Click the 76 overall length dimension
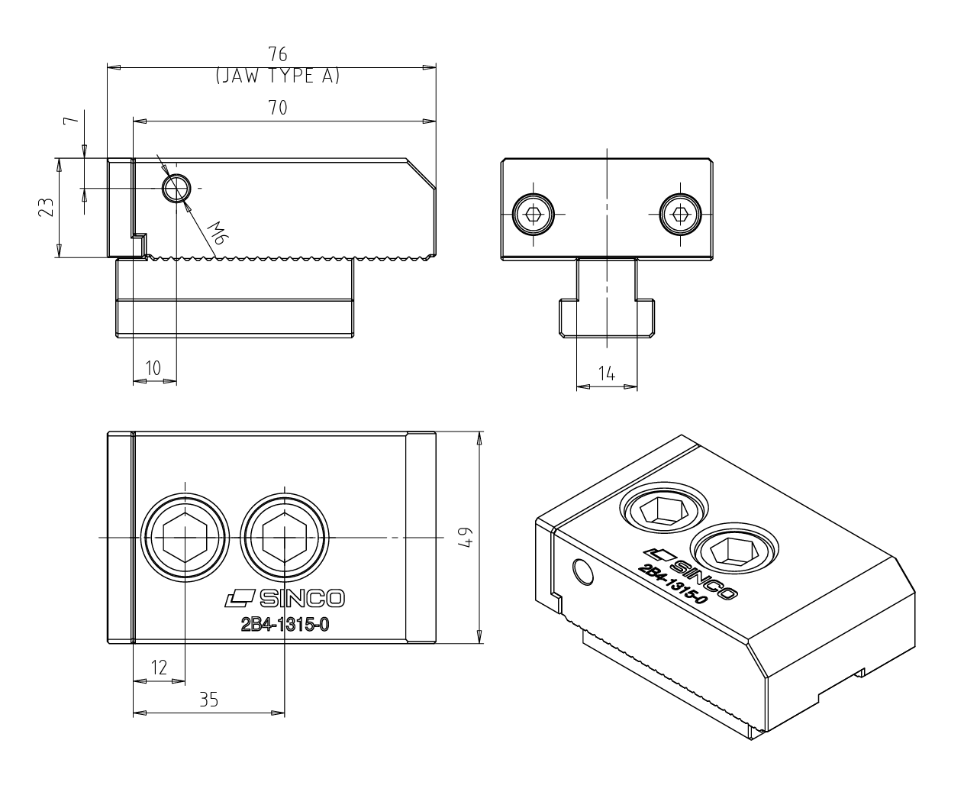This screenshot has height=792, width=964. point(278,54)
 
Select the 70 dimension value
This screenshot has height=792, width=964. point(278,108)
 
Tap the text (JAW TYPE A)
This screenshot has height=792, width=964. point(278,76)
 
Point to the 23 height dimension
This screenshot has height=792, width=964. point(46,207)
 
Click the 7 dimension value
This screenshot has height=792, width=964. point(71,120)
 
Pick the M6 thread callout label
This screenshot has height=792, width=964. point(218,233)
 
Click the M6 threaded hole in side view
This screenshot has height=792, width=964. point(177,188)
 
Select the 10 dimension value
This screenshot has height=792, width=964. point(153,367)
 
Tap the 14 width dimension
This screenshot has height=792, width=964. point(607,373)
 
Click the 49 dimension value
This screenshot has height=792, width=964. point(466,537)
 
